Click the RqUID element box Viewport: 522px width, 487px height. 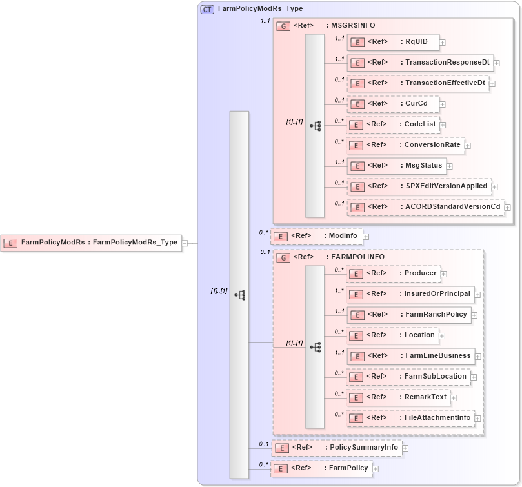(x=393, y=43)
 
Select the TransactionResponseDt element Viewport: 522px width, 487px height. (x=419, y=63)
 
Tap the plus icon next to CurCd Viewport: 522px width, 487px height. (x=442, y=104)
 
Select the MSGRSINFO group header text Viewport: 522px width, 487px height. (x=352, y=26)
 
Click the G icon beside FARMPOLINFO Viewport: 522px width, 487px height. (x=283, y=257)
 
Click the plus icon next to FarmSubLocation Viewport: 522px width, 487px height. (x=473, y=377)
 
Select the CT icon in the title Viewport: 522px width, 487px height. (x=207, y=9)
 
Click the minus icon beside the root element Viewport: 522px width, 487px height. (x=185, y=243)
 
